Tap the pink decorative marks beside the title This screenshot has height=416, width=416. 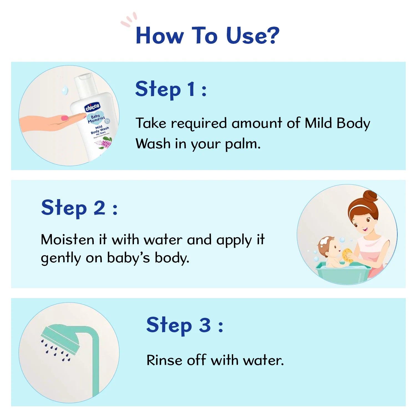129,20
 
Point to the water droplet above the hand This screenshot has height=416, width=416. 65,90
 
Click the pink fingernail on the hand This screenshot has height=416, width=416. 65,118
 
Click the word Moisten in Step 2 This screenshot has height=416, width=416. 67,239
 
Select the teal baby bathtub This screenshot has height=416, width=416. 343,273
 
